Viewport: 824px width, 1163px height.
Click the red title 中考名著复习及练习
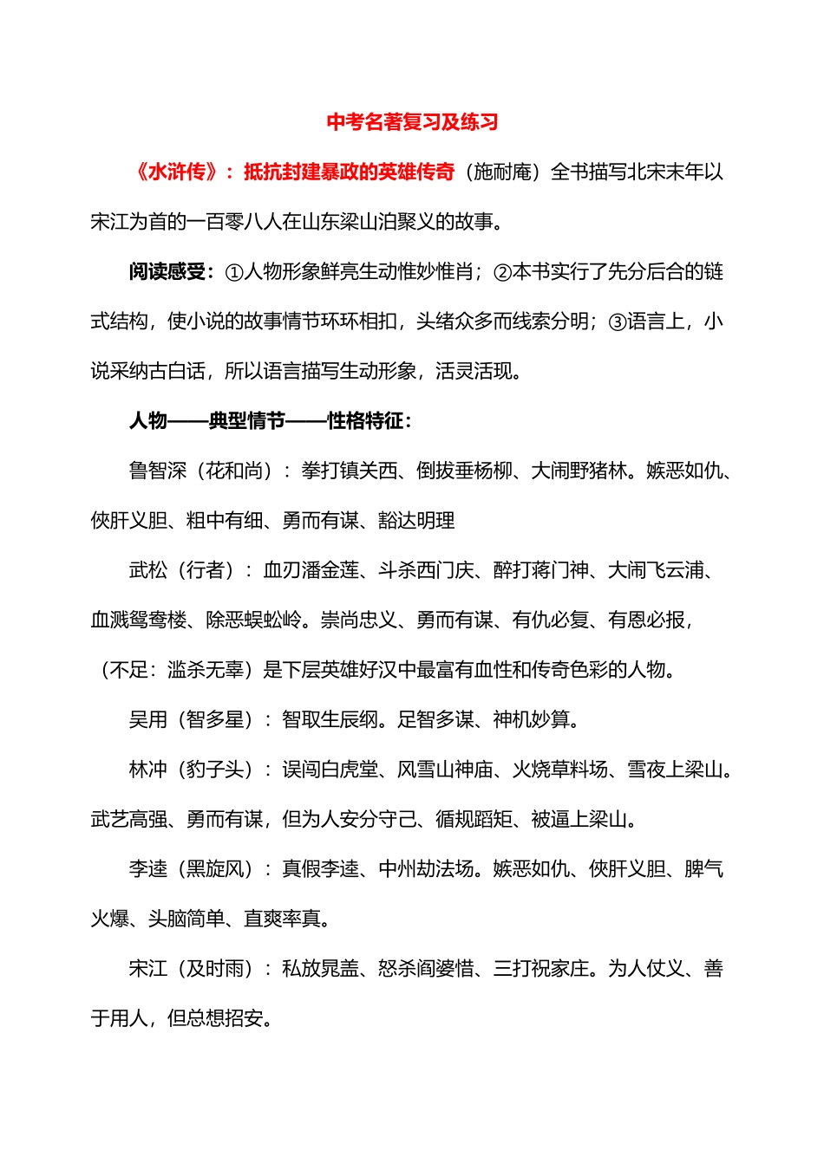[x=412, y=122]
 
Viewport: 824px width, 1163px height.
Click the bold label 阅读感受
[x=167, y=272]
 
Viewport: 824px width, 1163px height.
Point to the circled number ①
[x=234, y=272]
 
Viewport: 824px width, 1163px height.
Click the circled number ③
[x=617, y=322]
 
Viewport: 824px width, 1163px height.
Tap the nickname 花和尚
[x=233, y=471]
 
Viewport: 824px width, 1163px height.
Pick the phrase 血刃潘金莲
[x=311, y=570]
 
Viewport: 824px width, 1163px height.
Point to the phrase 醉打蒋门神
[x=540, y=570]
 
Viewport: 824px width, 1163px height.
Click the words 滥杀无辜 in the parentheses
[x=206, y=670]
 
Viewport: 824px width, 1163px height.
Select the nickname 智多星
[x=214, y=719]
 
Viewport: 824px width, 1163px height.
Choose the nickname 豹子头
[x=214, y=770]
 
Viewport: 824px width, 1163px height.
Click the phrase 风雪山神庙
[x=445, y=770]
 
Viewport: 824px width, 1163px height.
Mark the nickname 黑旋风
[x=214, y=869]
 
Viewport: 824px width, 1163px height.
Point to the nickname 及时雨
[x=214, y=969]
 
